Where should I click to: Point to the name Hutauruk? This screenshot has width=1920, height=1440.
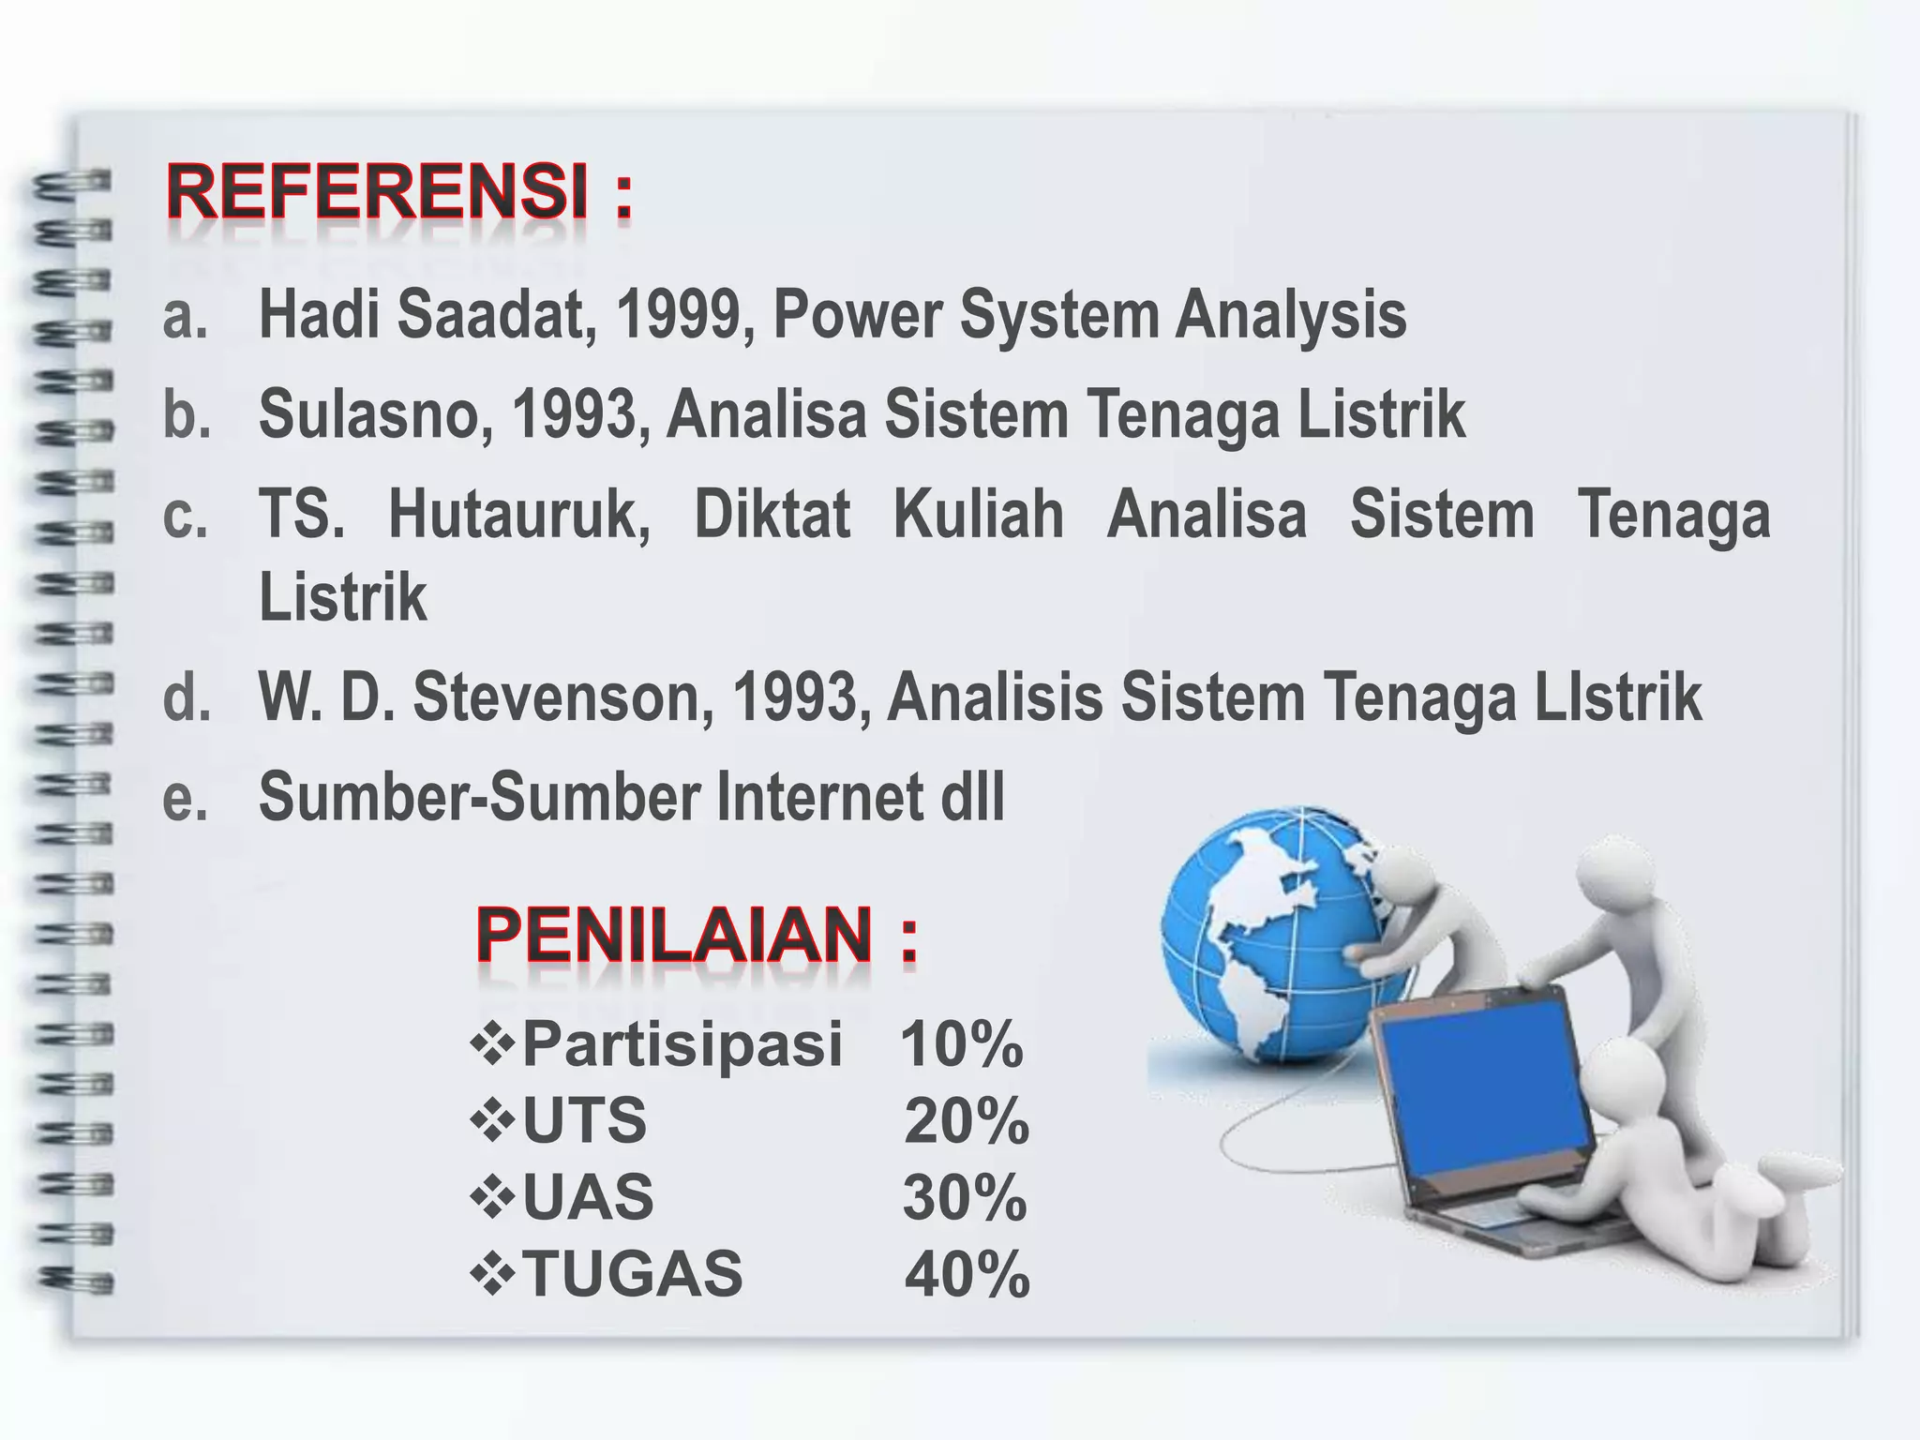[518, 515]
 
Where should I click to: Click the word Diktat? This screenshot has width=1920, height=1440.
[772, 515]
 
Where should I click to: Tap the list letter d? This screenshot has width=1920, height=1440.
[186, 697]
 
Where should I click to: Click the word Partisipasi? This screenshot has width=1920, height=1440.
[682, 1044]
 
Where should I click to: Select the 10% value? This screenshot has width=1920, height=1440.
[961, 1044]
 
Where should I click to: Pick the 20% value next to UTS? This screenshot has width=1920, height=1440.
[966, 1121]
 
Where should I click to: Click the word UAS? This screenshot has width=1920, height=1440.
[587, 1198]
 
